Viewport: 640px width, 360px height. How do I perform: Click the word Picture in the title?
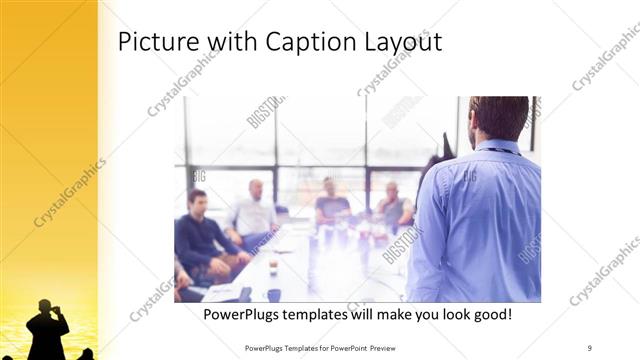tap(154, 43)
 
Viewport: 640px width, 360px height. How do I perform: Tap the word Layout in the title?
tap(399, 43)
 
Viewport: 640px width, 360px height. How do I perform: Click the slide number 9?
tap(590, 347)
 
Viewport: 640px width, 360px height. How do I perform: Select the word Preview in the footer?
tap(393, 347)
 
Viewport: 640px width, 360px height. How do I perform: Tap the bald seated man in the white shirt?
tap(254, 210)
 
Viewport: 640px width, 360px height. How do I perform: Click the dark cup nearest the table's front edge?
tap(273, 294)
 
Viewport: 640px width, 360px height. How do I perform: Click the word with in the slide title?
tap(230, 43)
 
